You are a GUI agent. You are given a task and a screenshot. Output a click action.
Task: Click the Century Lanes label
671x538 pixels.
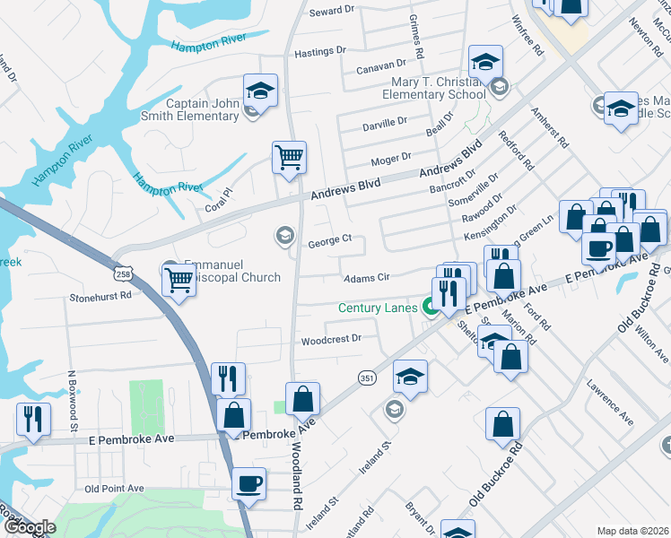(x=377, y=308)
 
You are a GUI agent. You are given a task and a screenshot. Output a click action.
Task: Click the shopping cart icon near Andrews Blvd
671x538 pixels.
(x=290, y=158)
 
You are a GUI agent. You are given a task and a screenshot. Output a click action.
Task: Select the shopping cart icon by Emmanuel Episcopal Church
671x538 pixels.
(x=178, y=282)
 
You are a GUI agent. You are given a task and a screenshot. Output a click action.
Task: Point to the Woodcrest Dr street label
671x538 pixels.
(x=330, y=340)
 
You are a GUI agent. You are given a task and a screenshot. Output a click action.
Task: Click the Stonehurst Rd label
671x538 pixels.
(x=100, y=294)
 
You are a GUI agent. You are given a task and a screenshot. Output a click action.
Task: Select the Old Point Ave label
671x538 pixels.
(x=114, y=488)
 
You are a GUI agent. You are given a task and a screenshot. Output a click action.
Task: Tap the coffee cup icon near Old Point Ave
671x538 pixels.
(x=249, y=484)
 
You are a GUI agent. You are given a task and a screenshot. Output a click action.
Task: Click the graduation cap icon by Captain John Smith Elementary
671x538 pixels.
(x=260, y=91)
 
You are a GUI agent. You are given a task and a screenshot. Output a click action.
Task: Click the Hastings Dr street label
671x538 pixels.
(x=319, y=52)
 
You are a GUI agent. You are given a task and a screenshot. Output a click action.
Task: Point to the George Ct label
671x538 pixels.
(x=329, y=240)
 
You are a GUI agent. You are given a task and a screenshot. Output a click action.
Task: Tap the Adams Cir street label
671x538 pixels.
(x=367, y=278)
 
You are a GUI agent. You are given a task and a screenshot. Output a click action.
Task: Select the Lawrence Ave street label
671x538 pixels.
(x=610, y=406)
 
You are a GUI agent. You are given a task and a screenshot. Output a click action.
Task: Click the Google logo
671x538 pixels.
(x=29, y=527)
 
